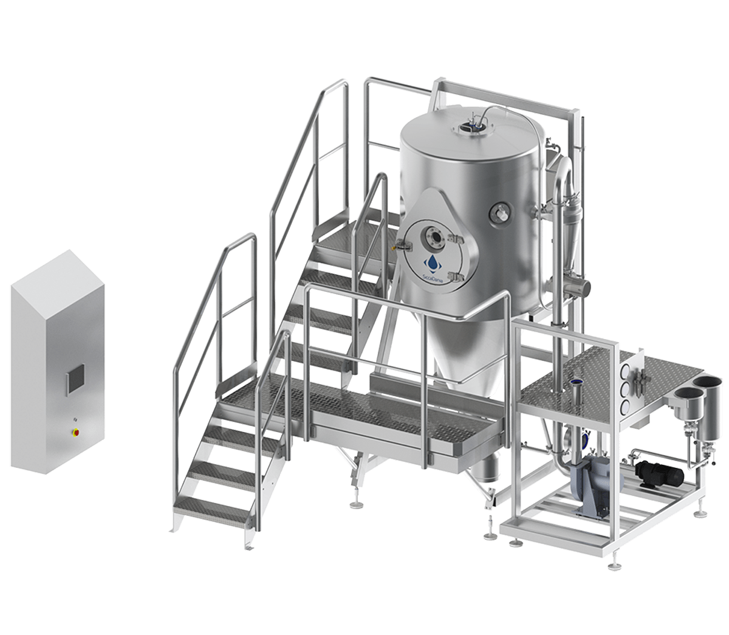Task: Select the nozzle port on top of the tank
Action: point(470,126)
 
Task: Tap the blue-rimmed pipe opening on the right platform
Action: point(573,383)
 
